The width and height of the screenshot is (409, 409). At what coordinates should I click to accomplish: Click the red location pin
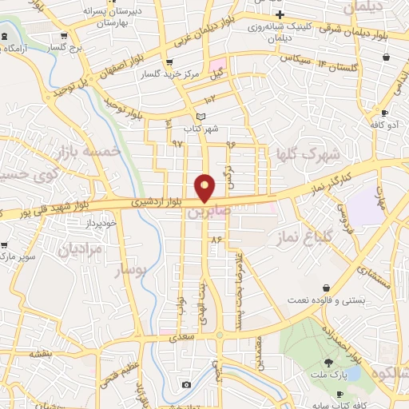coord(205,187)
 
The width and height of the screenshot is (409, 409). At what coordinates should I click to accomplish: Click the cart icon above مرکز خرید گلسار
coord(168,63)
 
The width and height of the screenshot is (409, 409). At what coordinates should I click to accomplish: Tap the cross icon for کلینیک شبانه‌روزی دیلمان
coord(279,15)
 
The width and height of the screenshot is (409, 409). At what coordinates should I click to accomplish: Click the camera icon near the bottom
coord(186,384)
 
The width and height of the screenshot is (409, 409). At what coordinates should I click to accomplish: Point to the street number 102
coord(209,99)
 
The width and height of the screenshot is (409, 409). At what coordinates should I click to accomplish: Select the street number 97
coord(177,143)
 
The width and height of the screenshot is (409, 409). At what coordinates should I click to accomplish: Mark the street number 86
coord(215,239)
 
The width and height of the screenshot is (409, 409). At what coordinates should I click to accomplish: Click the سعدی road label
coord(177,339)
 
